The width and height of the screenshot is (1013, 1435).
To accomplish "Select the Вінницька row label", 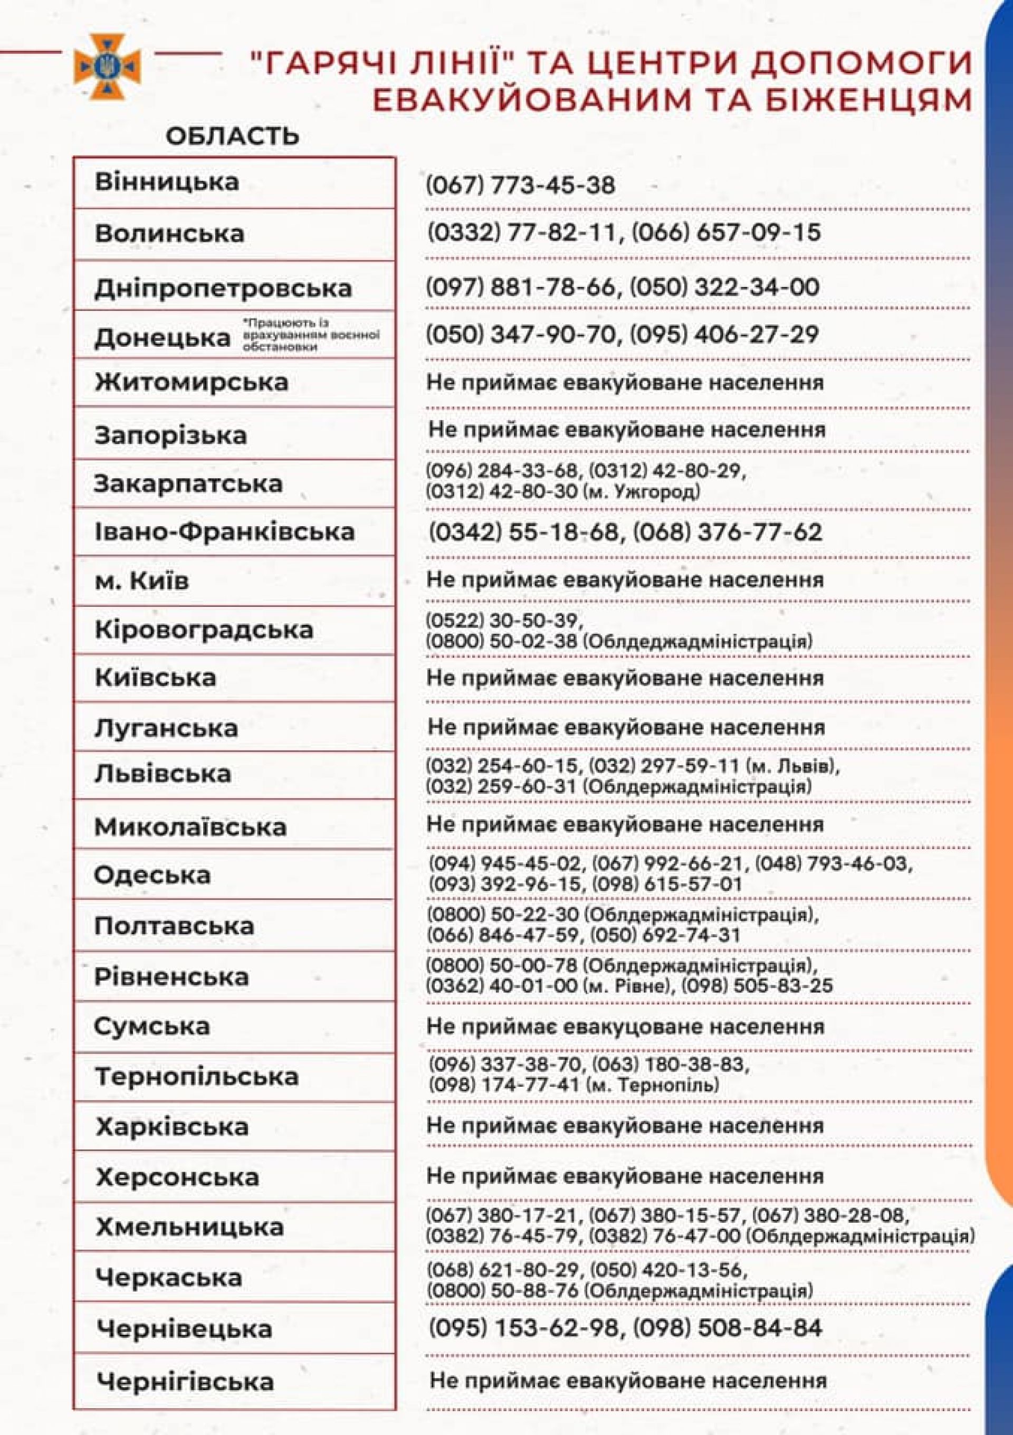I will (167, 182).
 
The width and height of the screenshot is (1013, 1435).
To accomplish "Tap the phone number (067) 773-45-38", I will (521, 185).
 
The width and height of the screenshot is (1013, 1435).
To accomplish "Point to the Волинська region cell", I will (169, 234).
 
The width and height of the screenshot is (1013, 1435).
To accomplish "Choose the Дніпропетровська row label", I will (223, 288).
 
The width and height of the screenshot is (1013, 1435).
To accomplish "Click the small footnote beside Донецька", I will (311, 335).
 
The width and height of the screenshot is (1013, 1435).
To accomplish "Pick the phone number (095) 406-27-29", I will (724, 335).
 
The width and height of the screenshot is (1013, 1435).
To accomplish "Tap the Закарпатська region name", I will (188, 483).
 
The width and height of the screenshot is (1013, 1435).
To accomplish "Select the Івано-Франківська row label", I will (224, 532).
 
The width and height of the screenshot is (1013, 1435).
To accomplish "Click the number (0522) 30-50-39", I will (504, 621).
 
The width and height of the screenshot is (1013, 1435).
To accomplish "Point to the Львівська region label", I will (163, 774).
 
